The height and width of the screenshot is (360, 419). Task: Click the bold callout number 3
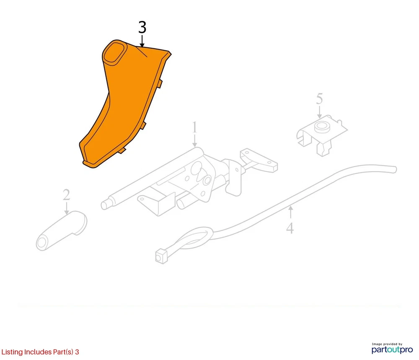pos(142,27)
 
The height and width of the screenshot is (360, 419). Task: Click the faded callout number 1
pos(194,127)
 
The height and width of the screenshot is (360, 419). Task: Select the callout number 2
pos(66,195)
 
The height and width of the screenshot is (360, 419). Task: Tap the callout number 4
pos(290,228)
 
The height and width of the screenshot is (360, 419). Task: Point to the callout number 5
pos(320,98)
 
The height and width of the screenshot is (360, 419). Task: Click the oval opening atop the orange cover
pos(114,53)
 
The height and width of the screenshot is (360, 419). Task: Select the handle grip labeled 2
pos(62,231)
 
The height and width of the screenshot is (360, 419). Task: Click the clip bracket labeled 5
pos(321,135)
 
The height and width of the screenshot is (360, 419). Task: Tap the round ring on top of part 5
pos(322,127)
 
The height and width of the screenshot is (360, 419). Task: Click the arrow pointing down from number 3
pos(142,41)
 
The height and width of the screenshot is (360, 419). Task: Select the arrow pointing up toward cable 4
pos(290,212)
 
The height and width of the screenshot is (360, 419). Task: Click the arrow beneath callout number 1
pos(194,140)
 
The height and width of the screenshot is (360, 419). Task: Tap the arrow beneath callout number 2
pos(66,208)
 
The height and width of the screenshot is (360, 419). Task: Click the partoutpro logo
pos(392,350)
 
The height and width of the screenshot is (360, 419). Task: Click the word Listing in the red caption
pos(12,352)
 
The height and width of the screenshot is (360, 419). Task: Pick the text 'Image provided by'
pos(387,344)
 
